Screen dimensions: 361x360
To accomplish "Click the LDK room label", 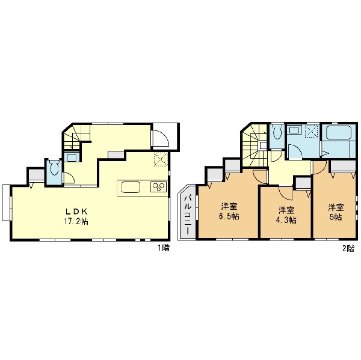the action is click(76, 211).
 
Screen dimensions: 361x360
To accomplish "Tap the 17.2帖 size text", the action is click(76, 222).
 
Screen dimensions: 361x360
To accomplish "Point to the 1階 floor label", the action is click(164, 248).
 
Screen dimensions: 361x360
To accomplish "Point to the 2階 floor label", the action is click(348, 248).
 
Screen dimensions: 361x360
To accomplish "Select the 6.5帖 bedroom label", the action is click(229, 211).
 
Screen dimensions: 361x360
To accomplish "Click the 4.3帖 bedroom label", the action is click(286, 215).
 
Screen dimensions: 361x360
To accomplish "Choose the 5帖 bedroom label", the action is click(336, 212).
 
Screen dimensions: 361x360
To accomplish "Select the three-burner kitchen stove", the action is click(158, 187).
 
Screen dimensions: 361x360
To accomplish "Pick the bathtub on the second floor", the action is click(339, 133).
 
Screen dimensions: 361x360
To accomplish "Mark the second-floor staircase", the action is click(255, 145).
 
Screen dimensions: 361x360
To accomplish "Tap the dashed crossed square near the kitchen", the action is click(161, 159).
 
